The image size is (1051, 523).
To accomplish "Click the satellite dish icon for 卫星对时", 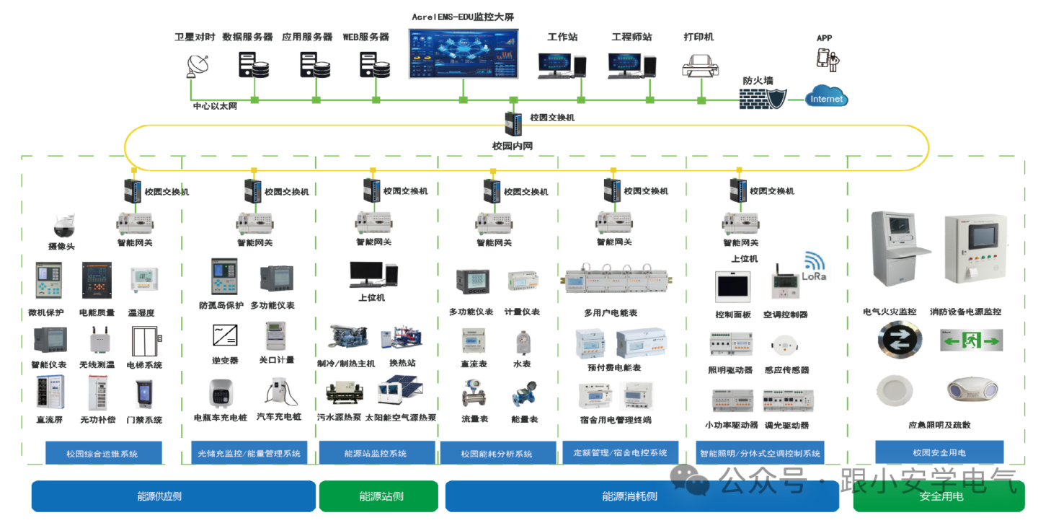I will (196, 66).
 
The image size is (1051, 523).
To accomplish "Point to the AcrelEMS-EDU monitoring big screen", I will (463, 57).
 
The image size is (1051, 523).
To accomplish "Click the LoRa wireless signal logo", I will (815, 266).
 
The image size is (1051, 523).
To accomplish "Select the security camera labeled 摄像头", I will (63, 226).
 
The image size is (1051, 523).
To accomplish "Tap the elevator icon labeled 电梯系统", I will (144, 340).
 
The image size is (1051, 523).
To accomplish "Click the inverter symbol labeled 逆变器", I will (225, 335).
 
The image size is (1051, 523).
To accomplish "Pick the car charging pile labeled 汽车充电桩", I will (282, 392).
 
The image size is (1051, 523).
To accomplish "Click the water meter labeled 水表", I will (523, 342).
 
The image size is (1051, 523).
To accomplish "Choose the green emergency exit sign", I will (971, 339).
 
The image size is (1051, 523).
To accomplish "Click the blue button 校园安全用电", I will (939, 452).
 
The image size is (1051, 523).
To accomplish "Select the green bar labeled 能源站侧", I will (378, 496).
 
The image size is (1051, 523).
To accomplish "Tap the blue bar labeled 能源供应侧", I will (173, 496).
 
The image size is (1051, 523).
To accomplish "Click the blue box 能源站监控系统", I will (375, 453).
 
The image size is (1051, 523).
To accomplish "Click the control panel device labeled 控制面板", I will (732, 286).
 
